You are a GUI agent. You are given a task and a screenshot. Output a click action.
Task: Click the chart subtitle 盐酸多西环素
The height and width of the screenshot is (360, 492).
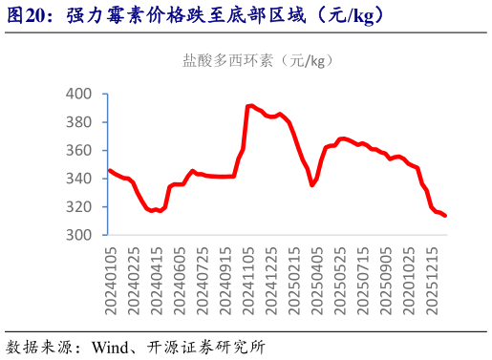coord(228,60)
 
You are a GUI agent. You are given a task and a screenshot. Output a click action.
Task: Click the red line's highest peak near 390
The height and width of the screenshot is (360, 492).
coord(249,105)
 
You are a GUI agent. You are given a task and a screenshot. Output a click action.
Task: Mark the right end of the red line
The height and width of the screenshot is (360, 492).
coord(446,216)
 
